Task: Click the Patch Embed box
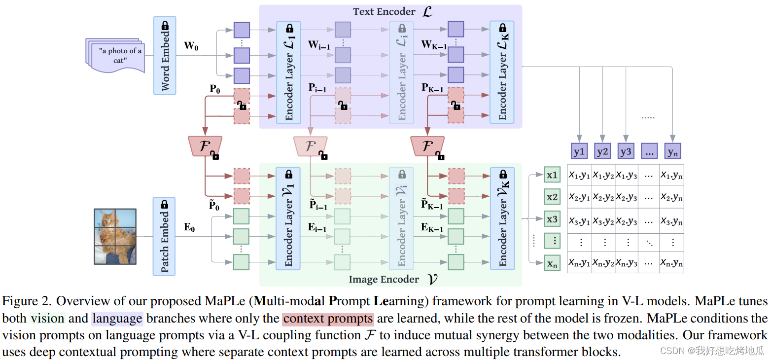click(x=165, y=236)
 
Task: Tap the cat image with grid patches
click(x=115, y=236)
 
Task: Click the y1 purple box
click(x=579, y=151)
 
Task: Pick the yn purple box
click(x=672, y=151)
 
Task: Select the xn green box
click(x=552, y=264)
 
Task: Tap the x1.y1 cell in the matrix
click(x=579, y=175)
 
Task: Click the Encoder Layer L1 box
click(x=289, y=72)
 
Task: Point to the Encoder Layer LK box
click(x=502, y=72)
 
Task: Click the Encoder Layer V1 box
click(x=289, y=218)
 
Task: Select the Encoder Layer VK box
click(x=502, y=218)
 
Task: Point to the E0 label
click(x=189, y=227)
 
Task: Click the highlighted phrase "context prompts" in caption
click(x=328, y=319)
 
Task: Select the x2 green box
click(x=552, y=197)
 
